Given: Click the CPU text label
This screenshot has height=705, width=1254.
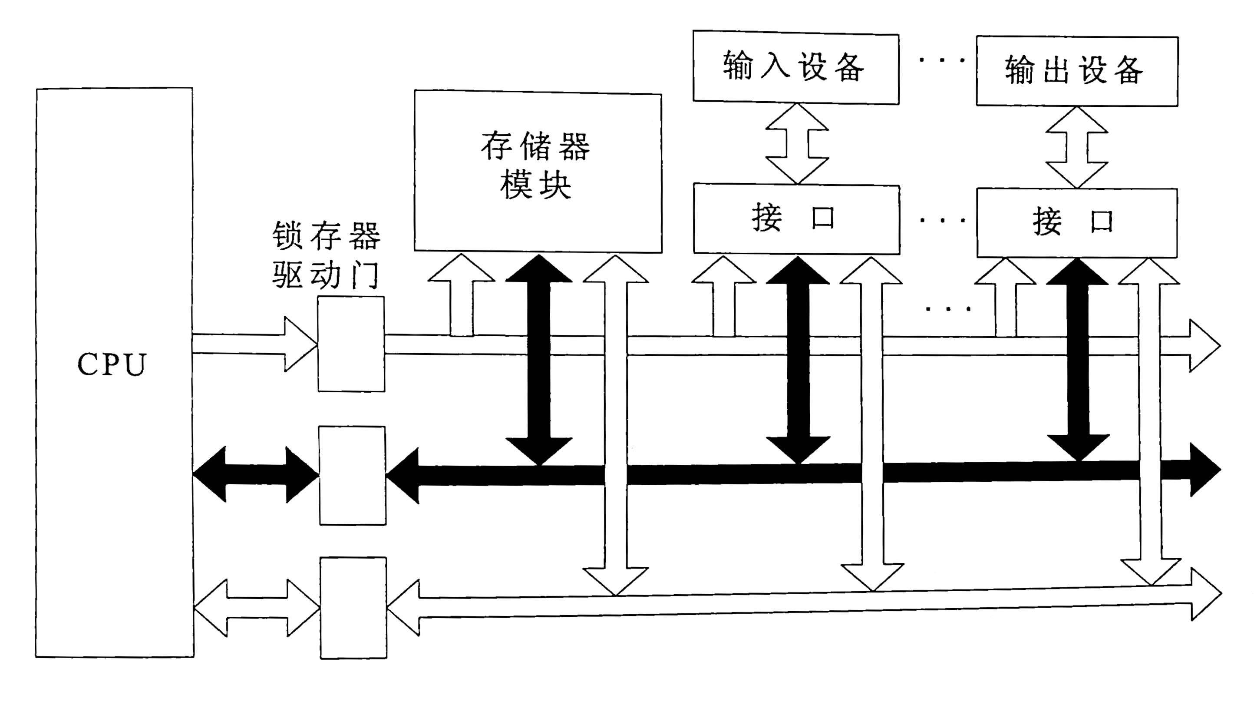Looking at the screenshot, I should [112, 364].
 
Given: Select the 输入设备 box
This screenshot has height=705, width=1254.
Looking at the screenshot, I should [795, 67].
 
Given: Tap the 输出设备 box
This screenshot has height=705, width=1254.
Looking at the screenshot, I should [1077, 71].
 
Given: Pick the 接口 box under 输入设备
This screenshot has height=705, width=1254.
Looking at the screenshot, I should [796, 218].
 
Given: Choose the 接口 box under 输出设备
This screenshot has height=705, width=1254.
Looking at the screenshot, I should [1077, 222].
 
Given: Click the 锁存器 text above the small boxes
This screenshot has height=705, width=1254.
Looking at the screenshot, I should [326, 235].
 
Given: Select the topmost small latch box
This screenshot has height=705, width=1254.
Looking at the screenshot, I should [351, 344].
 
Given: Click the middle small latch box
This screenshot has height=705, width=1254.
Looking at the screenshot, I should [353, 475].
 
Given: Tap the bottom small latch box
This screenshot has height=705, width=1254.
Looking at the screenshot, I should [353, 608].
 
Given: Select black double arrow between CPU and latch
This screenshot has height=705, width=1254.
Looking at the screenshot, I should [256, 474].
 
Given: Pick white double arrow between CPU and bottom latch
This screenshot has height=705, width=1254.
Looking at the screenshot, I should [257, 608].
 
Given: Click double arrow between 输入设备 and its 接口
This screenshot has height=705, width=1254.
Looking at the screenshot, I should [797, 144].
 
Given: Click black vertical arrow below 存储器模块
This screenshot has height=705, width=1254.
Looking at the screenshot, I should [539, 360].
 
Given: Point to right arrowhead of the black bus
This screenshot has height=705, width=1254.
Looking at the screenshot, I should [1205, 470].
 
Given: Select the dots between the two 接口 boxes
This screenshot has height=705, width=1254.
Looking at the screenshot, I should [942, 221].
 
